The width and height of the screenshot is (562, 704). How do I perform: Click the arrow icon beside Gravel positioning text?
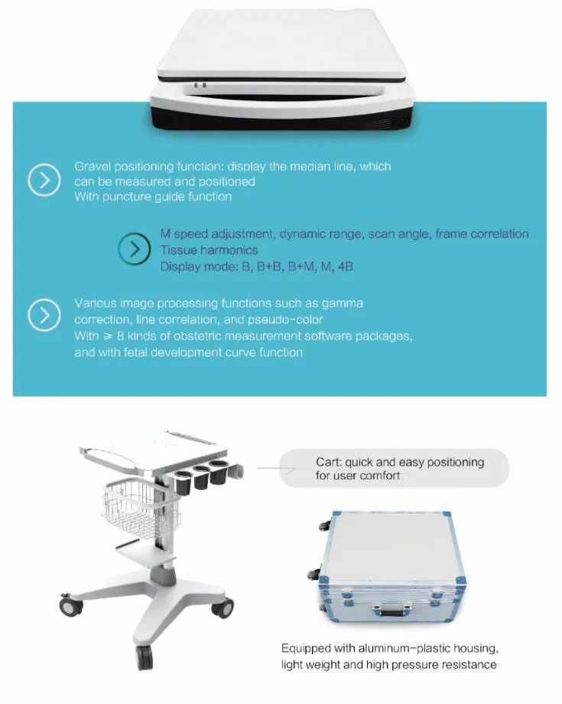[x=44, y=180]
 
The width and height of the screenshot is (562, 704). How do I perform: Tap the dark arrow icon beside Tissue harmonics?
[x=135, y=248]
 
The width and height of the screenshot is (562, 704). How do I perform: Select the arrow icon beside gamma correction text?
[x=44, y=315]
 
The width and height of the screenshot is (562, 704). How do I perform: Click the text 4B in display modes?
[x=345, y=266]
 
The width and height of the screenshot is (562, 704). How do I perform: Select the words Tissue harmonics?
[x=209, y=250]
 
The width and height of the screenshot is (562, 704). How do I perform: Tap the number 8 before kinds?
[x=120, y=336]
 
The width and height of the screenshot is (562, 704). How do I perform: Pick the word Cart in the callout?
[x=327, y=462]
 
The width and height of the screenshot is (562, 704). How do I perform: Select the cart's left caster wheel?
[x=71, y=605]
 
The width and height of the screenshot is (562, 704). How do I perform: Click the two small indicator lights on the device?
[x=200, y=86]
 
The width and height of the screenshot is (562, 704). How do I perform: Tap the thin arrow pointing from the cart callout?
[x=276, y=469]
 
